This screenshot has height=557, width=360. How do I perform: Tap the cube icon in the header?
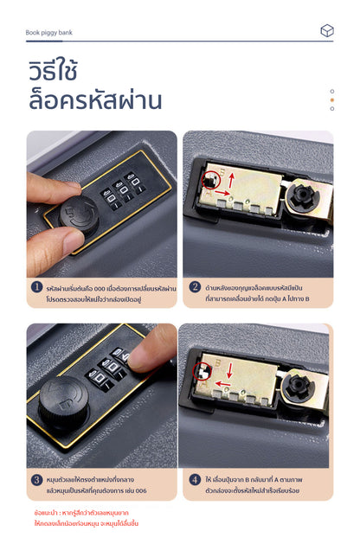pyautogui.click(x=326, y=30)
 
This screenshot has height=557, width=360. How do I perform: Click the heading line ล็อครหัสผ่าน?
pyautogui.click(x=94, y=100)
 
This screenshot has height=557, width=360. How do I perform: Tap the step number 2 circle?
pyautogui.click(x=195, y=288)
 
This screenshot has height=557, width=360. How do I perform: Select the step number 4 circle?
pyautogui.click(x=195, y=480)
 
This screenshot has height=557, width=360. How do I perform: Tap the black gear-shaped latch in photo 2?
pyautogui.click(x=305, y=195)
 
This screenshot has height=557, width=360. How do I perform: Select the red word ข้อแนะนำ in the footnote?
pyautogui.click(x=46, y=513)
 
